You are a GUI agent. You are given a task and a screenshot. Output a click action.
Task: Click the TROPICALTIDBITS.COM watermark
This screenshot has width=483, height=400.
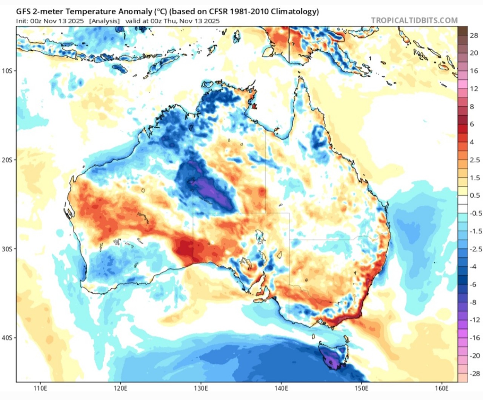click(414, 20)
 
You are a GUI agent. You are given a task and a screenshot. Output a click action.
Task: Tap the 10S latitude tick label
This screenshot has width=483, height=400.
click(7, 71)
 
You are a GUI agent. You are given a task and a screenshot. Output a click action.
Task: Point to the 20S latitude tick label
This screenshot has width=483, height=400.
click(7, 160)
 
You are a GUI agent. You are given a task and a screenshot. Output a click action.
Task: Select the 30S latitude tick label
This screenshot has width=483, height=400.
click(7, 249)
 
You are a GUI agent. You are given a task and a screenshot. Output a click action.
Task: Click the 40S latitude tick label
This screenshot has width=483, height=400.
click(7, 338)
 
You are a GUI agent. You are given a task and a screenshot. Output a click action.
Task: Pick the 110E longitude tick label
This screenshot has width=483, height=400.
click(40, 388)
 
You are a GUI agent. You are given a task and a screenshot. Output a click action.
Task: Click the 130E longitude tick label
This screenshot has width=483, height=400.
click(201, 388)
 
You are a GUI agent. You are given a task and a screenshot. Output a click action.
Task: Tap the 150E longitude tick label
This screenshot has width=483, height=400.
click(361, 388)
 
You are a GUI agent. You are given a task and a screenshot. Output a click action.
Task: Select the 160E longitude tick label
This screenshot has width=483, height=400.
click(441, 388)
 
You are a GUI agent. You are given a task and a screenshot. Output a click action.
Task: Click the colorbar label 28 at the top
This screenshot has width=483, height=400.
click(474, 35)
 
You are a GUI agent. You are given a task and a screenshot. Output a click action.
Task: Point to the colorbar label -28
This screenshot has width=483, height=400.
click(475, 374)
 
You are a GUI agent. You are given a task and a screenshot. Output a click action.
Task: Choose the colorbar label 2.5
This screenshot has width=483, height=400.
click(475, 160)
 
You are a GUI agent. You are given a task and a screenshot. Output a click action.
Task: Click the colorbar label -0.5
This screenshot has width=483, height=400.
click(475, 213)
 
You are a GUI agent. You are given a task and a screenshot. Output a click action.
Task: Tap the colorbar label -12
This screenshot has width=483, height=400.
click(475, 320)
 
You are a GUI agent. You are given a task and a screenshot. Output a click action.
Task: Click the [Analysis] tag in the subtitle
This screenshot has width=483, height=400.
click(105, 21)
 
